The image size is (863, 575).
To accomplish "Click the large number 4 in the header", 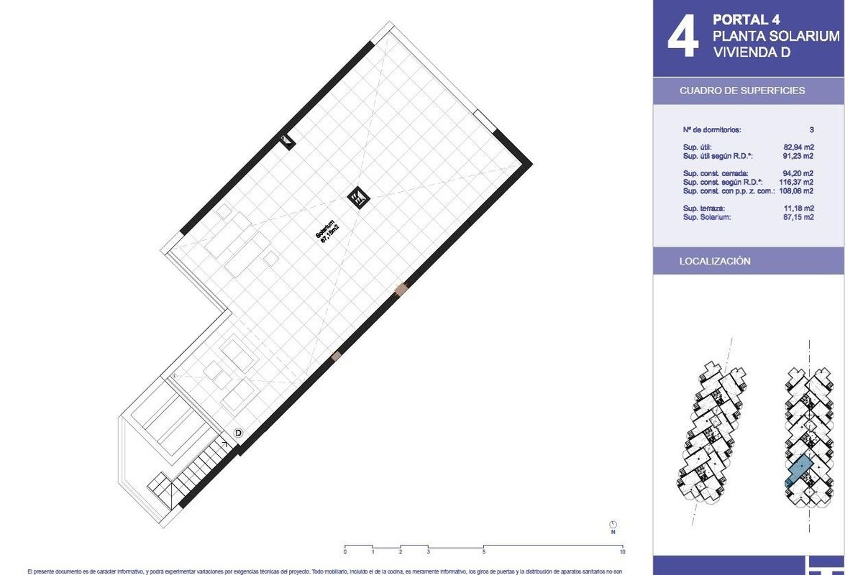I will tap(682, 37).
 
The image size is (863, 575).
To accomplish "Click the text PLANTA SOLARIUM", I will tap(775, 36).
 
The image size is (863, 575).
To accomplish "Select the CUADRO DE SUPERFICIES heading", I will tap(742, 91).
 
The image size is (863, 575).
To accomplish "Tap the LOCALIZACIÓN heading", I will tap(715, 261).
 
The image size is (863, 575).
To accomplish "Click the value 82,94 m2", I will tap(798, 147).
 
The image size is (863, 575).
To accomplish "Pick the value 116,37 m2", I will tap(796, 182).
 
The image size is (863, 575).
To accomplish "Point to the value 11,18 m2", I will tap(798, 208).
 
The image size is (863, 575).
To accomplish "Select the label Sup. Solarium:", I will tap(707, 217).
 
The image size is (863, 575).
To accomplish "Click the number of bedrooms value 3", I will tap(811, 130).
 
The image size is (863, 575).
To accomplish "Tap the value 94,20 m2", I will tap(798, 173).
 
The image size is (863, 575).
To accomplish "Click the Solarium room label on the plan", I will tap(327, 233).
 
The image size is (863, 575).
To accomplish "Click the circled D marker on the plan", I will tap(238, 433).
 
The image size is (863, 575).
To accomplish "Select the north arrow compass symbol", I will tap(613, 525).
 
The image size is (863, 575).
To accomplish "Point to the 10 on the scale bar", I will tap(621, 552).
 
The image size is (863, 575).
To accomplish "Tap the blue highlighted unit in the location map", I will tap(798, 471).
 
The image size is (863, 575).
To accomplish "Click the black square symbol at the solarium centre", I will tap(357, 197).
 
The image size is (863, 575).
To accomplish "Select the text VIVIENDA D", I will tap(751, 52).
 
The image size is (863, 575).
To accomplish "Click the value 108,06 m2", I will tap(796, 191).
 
